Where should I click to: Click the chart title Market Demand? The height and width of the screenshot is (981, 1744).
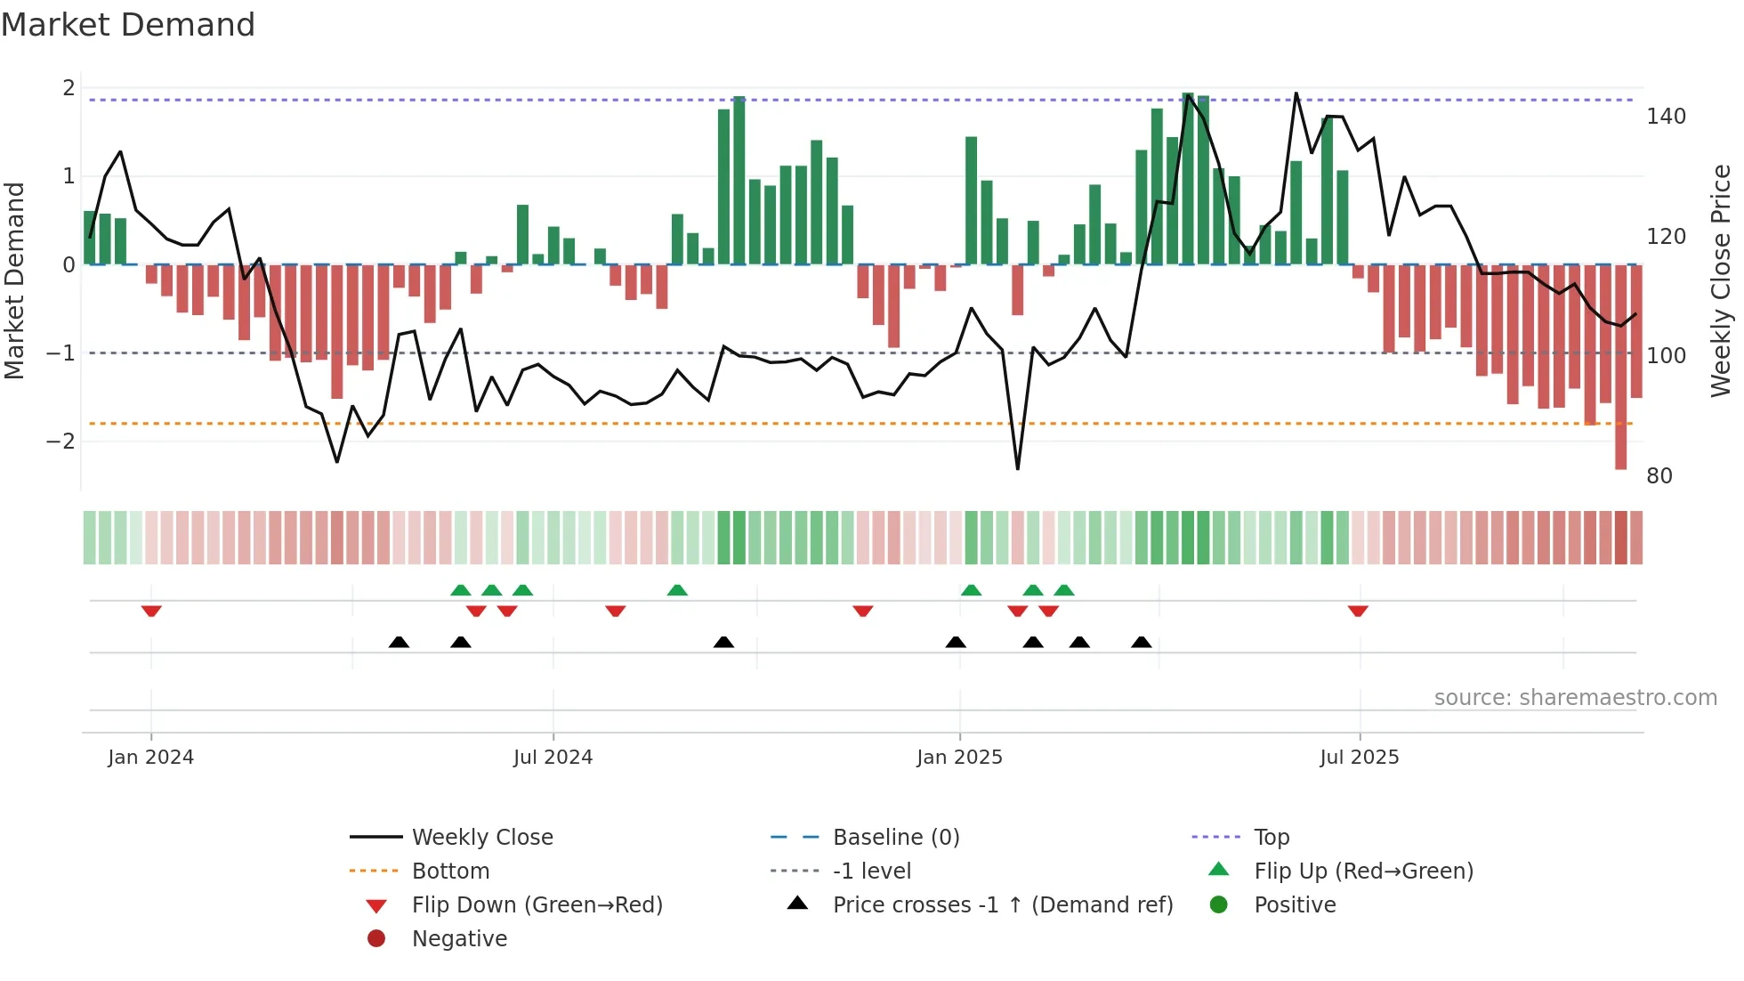tap(128, 25)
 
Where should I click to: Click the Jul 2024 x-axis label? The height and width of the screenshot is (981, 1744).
tap(553, 758)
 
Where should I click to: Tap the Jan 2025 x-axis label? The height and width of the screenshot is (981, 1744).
tap(959, 758)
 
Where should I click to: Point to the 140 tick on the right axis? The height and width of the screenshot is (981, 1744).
tap(1666, 117)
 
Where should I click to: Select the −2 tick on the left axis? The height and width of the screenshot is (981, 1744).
tap(61, 442)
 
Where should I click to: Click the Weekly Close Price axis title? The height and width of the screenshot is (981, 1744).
tap(1721, 280)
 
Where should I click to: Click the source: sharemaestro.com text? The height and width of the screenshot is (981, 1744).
tap(1575, 698)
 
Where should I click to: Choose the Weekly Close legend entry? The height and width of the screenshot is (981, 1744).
tap(481, 838)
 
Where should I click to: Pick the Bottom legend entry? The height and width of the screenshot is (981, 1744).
tap(450, 872)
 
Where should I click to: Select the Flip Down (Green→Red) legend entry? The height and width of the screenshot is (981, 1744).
tap(537, 905)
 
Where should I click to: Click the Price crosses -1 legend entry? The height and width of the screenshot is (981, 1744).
tap(1002, 905)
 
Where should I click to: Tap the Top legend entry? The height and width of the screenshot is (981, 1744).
tap(1272, 838)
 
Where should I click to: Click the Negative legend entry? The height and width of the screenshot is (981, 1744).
tap(459, 939)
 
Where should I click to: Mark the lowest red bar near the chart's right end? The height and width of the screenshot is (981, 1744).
tap(1620, 458)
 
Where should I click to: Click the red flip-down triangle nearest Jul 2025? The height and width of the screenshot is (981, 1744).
tap(1357, 611)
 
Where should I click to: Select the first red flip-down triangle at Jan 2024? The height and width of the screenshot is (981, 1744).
tap(151, 611)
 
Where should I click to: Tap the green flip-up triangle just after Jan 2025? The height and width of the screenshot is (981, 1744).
tap(971, 590)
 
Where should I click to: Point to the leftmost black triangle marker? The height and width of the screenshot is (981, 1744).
tap(399, 642)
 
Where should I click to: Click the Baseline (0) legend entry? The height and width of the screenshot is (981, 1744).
tap(895, 838)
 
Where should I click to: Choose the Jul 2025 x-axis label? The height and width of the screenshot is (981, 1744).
tap(1359, 758)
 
